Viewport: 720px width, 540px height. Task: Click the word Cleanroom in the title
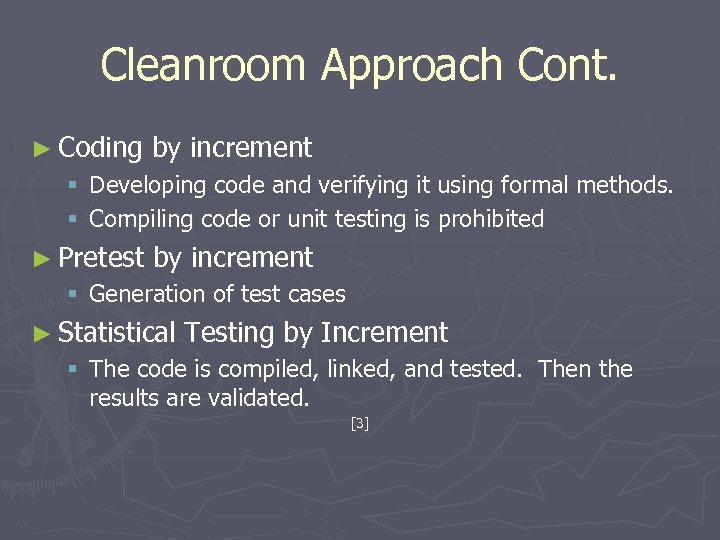point(205,65)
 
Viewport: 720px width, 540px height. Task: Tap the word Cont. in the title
point(567,65)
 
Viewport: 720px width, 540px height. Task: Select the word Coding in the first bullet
point(101,149)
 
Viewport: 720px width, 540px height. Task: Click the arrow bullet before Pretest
point(41,258)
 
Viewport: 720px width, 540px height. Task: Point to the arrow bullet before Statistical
point(41,333)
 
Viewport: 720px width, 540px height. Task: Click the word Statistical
point(117,332)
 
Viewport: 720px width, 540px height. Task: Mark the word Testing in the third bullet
point(230,332)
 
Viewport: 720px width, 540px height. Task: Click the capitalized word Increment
point(384,332)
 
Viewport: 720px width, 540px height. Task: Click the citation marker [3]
point(360,424)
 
